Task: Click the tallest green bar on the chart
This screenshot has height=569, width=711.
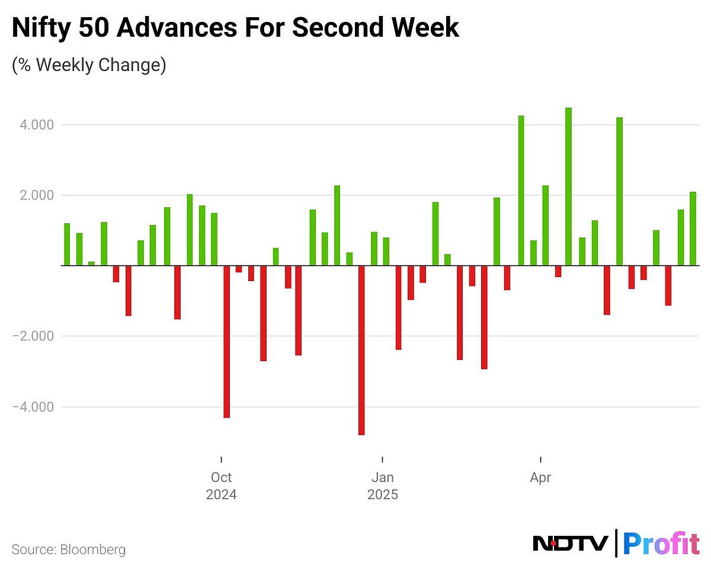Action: click(x=568, y=187)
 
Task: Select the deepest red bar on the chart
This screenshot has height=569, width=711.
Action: click(x=361, y=350)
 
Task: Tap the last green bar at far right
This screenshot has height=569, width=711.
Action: click(x=693, y=229)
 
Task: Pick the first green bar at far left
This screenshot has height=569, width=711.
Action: click(x=67, y=244)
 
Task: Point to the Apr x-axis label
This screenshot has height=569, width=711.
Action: click(x=540, y=477)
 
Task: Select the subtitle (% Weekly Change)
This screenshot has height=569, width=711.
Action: click(x=89, y=65)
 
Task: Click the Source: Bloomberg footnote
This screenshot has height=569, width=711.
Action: click(x=69, y=549)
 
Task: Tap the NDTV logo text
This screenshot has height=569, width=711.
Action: click(x=570, y=543)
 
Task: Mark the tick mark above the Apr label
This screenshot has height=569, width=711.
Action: click(x=540, y=459)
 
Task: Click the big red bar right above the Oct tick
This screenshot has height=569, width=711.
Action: click(x=226, y=342)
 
